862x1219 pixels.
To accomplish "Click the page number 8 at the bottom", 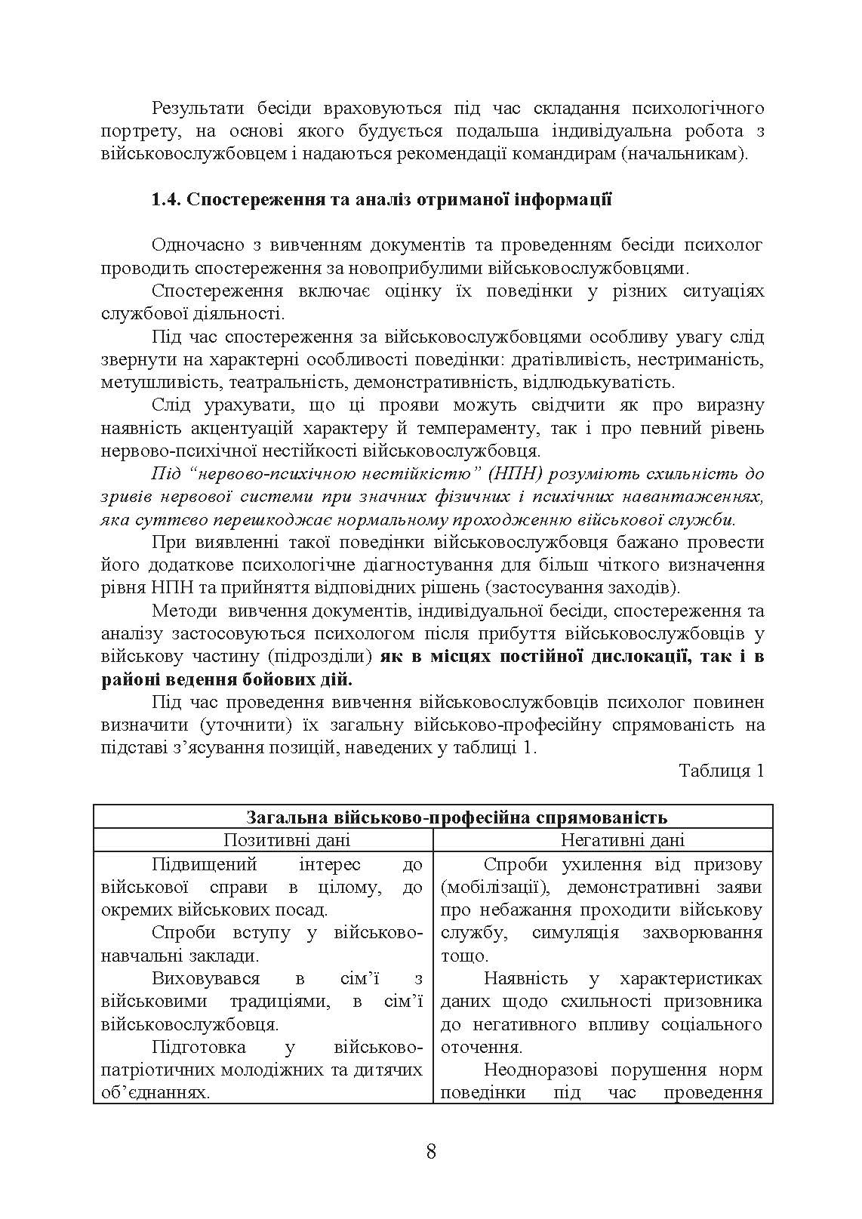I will (431, 1151).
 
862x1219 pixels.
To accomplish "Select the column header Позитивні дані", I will (287, 840).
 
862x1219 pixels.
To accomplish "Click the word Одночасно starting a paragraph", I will (199, 245).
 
